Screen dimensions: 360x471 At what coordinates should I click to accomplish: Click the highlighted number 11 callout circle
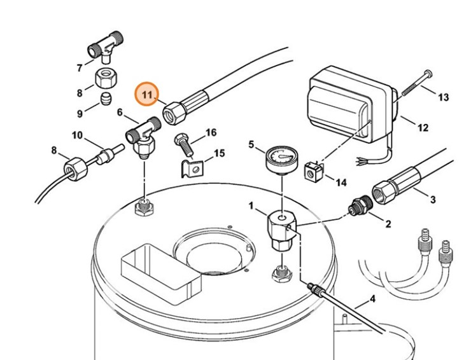tap(148, 95)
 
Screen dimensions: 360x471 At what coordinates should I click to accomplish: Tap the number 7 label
tap(80, 67)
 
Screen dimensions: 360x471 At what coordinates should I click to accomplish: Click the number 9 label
tap(80, 114)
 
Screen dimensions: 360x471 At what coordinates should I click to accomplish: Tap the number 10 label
tap(78, 135)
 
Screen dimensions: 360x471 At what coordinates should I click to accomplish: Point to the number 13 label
tap(443, 97)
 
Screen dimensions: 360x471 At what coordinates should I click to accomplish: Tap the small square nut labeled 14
tap(313, 172)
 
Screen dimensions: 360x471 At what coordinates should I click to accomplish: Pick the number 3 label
tap(433, 200)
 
